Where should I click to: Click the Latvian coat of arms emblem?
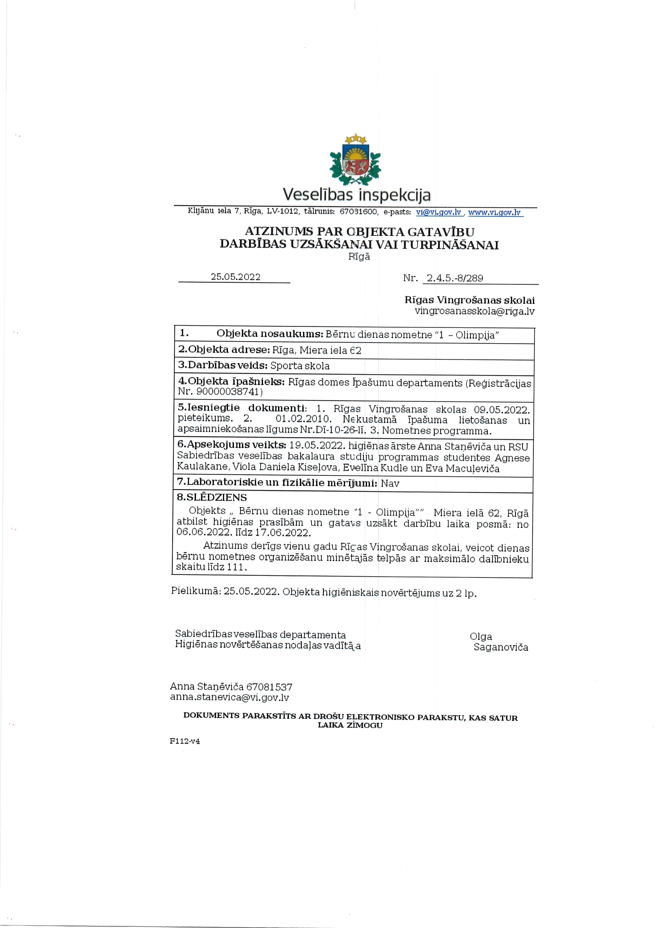(355, 160)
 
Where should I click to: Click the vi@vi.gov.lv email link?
(439, 212)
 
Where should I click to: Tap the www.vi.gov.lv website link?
(494, 212)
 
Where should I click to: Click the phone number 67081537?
(269, 687)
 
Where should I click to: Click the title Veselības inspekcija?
(357, 195)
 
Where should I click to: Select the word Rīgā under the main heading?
(359, 257)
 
